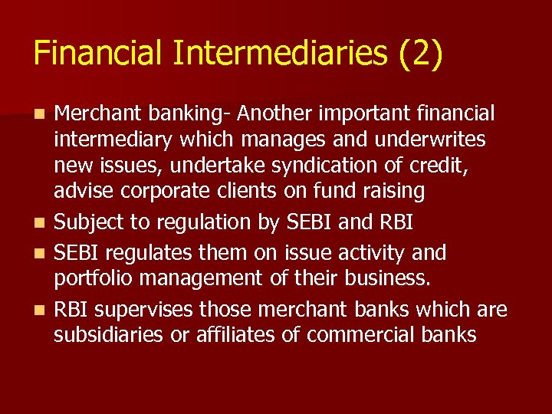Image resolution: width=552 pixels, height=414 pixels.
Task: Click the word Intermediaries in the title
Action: click(x=283, y=54)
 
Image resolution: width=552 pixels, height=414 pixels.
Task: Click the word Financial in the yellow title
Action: click(x=98, y=54)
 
